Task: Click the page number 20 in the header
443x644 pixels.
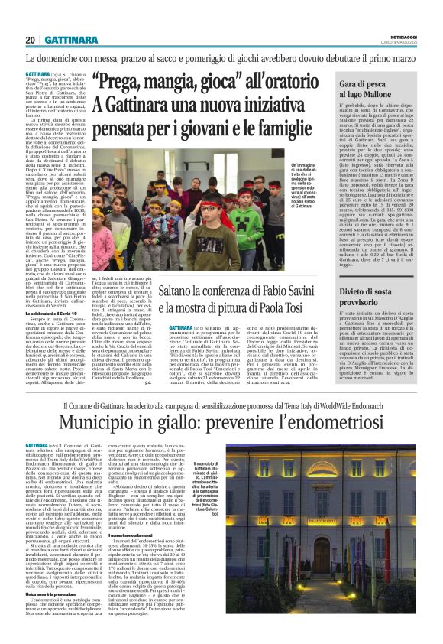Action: pos(30,39)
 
